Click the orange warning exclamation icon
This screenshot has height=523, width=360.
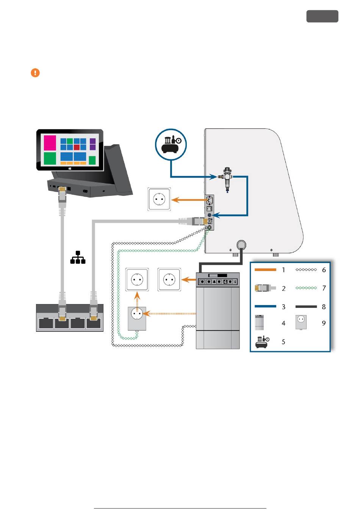click(x=35, y=72)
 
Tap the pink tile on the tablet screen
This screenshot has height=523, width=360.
click(x=50, y=143)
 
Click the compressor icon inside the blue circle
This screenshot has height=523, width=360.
click(x=171, y=144)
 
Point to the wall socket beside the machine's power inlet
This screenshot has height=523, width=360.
click(x=159, y=199)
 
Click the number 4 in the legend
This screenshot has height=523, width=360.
click(x=283, y=323)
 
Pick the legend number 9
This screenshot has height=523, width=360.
click(x=324, y=323)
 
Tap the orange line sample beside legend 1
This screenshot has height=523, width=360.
click(x=265, y=270)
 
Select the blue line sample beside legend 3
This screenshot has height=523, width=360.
click(x=265, y=306)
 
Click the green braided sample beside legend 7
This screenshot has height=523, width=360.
click(x=306, y=288)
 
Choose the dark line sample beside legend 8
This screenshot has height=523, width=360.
click(x=306, y=307)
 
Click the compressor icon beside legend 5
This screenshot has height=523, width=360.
click(x=262, y=342)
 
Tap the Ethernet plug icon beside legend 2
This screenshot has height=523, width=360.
click(x=265, y=288)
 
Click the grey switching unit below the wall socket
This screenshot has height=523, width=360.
click(x=137, y=319)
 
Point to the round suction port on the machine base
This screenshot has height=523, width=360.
click(x=241, y=245)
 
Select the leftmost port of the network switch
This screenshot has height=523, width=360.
click(x=46, y=323)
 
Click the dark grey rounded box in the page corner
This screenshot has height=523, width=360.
click(x=322, y=16)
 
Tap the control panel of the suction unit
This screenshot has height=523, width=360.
click(x=218, y=282)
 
